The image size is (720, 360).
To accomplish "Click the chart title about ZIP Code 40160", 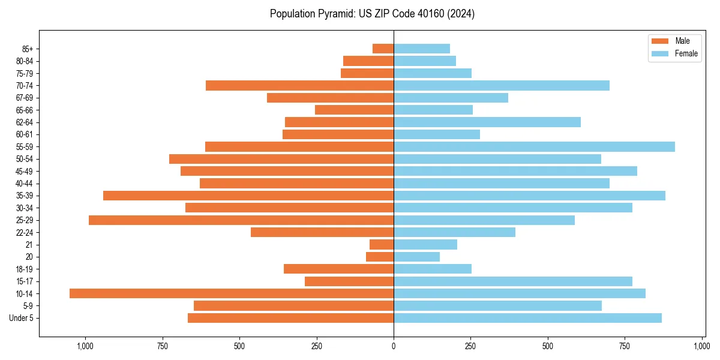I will (372, 14).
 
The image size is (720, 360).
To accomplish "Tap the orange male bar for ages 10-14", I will (232, 293).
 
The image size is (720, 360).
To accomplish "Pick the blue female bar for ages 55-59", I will (534, 147).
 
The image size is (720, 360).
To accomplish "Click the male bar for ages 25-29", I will (241, 220).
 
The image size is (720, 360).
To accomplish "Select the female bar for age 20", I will (416, 257).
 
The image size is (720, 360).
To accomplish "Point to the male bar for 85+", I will (383, 49).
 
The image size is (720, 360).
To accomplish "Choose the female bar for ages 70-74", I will (502, 86).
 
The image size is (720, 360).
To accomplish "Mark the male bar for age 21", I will (382, 245).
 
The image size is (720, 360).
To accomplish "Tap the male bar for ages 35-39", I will (248, 196).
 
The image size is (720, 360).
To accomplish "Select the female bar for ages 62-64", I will (487, 122).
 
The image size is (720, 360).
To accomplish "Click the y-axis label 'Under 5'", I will (21, 318).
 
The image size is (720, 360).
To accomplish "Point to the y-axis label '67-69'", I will (25, 98).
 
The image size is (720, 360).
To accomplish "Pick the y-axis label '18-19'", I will (25, 269).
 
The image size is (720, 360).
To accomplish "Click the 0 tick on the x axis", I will (394, 346).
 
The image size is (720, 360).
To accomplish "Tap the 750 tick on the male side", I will (162, 346).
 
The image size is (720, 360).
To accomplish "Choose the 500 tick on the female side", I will (548, 346).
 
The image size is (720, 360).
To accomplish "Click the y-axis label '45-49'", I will (25, 172).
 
